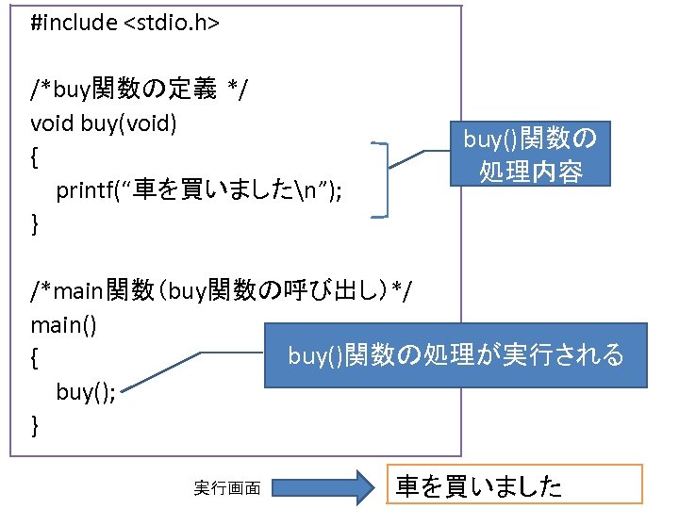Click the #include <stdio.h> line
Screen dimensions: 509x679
coord(124,23)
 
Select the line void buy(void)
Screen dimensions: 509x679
coord(104,123)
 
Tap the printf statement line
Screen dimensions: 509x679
coord(199,190)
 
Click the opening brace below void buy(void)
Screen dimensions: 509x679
coord(35,156)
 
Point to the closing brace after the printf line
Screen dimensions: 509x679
coord(35,224)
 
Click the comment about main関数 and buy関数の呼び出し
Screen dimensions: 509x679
coord(221,291)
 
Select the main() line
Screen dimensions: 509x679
coord(63,325)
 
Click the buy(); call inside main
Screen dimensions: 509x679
coord(86,392)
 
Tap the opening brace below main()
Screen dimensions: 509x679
coord(35,359)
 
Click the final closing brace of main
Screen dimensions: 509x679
coord(35,426)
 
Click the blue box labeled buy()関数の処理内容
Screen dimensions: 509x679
coord(530,155)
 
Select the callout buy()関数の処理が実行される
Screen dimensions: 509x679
coord(455,355)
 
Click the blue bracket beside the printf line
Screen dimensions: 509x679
coord(384,180)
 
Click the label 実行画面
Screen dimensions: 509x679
coord(227,487)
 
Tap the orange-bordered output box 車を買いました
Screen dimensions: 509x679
coord(514,485)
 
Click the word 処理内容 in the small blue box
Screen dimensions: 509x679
coord(530,172)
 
